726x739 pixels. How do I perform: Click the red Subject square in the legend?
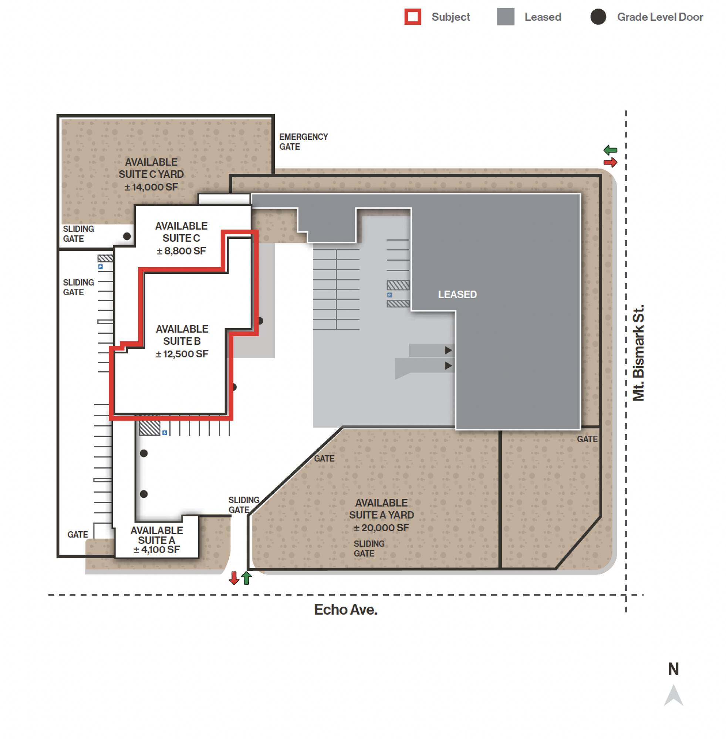(413, 17)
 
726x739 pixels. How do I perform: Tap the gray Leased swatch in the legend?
(506, 17)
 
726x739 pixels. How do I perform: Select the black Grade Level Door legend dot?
(598, 17)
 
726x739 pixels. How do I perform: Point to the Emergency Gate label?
(304, 142)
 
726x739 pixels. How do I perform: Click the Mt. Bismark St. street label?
(638, 353)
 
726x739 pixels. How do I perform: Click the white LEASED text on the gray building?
(457, 294)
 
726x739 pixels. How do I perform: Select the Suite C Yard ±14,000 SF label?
(151, 174)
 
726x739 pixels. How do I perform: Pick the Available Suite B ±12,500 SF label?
(182, 341)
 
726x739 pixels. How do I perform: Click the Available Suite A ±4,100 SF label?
(156, 540)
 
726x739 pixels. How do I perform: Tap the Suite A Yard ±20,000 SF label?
(381, 515)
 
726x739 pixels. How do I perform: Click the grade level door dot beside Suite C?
(127, 236)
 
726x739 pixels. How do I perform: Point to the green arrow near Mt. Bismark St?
(611, 150)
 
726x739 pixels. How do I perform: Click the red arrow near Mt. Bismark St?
(611, 163)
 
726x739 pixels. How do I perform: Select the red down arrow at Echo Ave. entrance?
(234, 578)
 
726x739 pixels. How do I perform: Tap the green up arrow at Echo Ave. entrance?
(246, 578)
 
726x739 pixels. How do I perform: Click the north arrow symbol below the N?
(673, 697)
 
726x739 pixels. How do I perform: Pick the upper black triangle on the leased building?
(448, 350)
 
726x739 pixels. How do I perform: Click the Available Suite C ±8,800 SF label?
(182, 238)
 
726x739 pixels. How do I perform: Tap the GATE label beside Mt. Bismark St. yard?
(587, 439)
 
